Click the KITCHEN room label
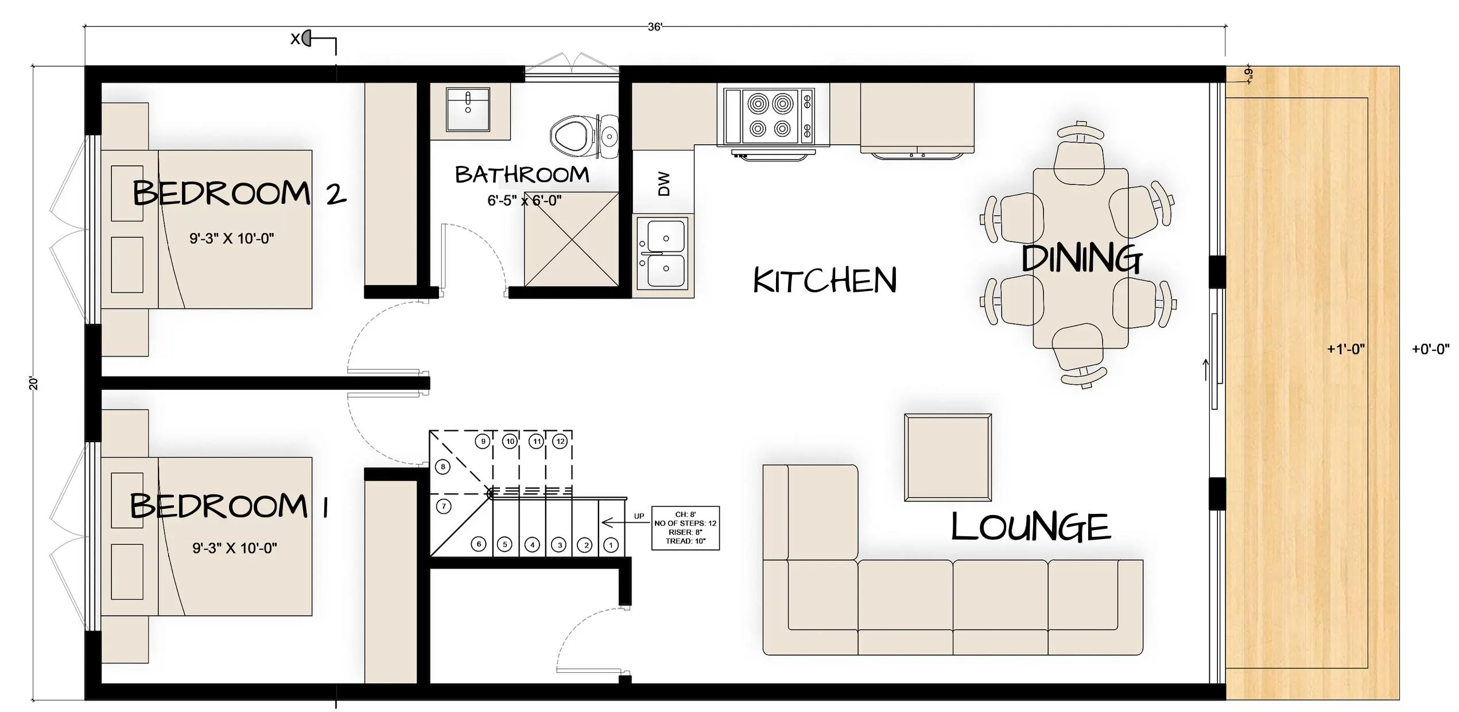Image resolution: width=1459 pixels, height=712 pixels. [825, 280]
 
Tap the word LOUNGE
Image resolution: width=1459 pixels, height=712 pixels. [1031, 527]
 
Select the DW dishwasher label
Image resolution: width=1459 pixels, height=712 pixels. [663, 184]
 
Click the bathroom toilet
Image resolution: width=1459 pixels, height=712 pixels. [584, 137]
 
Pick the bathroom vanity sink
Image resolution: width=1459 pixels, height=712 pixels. [468, 109]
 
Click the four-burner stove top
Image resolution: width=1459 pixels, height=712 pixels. [769, 117]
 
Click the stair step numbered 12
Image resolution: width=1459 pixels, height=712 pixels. [560, 441]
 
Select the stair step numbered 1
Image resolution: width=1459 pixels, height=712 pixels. [611, 545]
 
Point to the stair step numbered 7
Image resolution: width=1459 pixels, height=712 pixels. [444, 506]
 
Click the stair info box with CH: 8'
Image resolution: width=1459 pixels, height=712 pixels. [685, 528]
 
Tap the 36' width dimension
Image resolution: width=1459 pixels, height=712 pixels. [655, 27]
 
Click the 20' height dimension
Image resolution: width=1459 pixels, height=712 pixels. [34, 383]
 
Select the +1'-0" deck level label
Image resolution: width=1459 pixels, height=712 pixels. [1345, 349]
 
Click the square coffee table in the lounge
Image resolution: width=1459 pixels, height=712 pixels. [948, 457]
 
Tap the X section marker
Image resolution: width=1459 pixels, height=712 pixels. [301, 38]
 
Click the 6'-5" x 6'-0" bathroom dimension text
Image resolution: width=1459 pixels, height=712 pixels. [524, 200]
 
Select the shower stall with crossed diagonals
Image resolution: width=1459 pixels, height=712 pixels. [572, 238]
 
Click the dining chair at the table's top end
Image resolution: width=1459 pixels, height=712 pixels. [1080, 152]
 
